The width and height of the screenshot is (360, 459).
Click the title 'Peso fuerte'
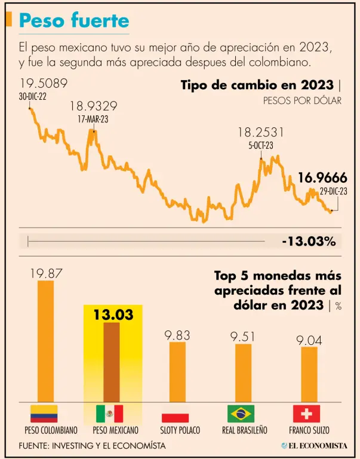point(74,22)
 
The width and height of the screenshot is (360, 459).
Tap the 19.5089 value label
point(44,84)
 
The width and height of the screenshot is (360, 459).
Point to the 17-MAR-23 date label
point(94,119)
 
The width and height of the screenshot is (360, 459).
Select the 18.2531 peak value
point(261,133)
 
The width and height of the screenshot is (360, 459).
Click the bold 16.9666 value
point(322,178)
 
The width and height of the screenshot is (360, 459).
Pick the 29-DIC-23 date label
point(334,191)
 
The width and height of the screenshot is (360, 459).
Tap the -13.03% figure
point(309,241)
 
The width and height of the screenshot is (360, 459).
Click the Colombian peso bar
point(46,341)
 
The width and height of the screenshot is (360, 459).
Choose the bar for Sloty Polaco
point(177,372)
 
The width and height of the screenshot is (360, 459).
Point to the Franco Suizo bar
point(309,374)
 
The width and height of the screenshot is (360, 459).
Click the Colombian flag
point(44,414)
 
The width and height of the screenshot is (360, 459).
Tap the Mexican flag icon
point(110,414)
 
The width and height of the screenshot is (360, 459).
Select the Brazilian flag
point(241,414)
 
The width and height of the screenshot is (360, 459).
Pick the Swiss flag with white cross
point(307,414)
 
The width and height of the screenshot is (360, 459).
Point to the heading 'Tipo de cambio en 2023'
point(257,85)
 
